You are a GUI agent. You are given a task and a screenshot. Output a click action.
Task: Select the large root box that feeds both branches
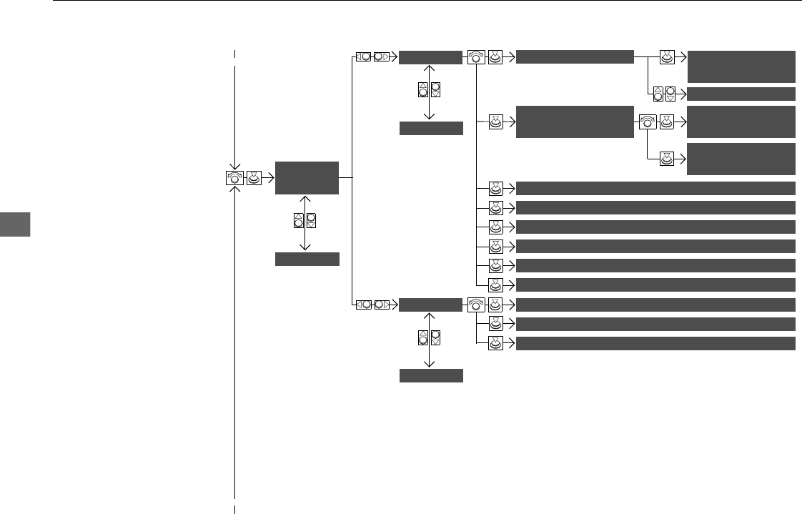[x=307, y=177]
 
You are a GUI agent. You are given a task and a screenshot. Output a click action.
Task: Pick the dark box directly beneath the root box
[x=307, y=259]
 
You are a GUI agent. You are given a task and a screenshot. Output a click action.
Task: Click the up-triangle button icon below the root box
[x=299, y=221]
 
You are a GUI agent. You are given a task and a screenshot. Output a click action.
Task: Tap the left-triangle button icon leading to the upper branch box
[x=364, y=57]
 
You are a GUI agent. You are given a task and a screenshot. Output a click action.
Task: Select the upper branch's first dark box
[x=430, y=57]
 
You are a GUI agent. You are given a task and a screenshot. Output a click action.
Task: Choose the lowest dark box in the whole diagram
[x=430, y=375]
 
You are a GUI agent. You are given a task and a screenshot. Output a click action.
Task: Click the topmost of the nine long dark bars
[x=655, y=189]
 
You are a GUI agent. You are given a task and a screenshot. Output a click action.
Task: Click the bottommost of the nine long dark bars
[x=655, y=343]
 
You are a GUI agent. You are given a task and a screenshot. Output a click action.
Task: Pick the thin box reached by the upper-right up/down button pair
[x=741, y=94]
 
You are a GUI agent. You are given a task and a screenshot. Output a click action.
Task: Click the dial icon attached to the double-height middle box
[x=648, y=122]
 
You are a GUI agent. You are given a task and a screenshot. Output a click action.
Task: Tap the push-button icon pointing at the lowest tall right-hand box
[x=666, y=159]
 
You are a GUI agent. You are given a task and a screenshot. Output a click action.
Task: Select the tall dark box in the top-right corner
[x=741, y=66]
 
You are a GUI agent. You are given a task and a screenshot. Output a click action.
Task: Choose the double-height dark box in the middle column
[x=575, y=122]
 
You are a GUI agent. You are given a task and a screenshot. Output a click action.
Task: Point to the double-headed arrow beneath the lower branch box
[x=430, y=340]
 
